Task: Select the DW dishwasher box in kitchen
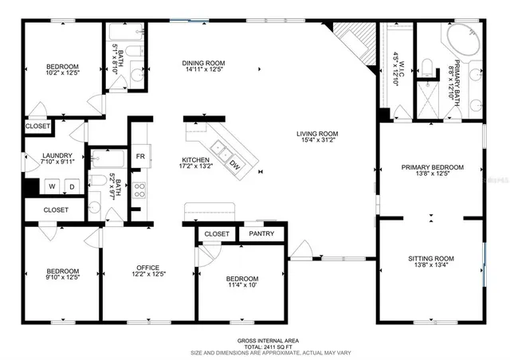pos(235,165)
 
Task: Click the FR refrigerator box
pos(140,156)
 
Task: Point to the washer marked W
pos(49,187)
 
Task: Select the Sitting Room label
pos(431,259)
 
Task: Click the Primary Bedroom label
pos(432,167)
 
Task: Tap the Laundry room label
pos(58,156)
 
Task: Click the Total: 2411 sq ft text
pos(256,346)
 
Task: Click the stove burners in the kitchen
pos(140,190)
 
